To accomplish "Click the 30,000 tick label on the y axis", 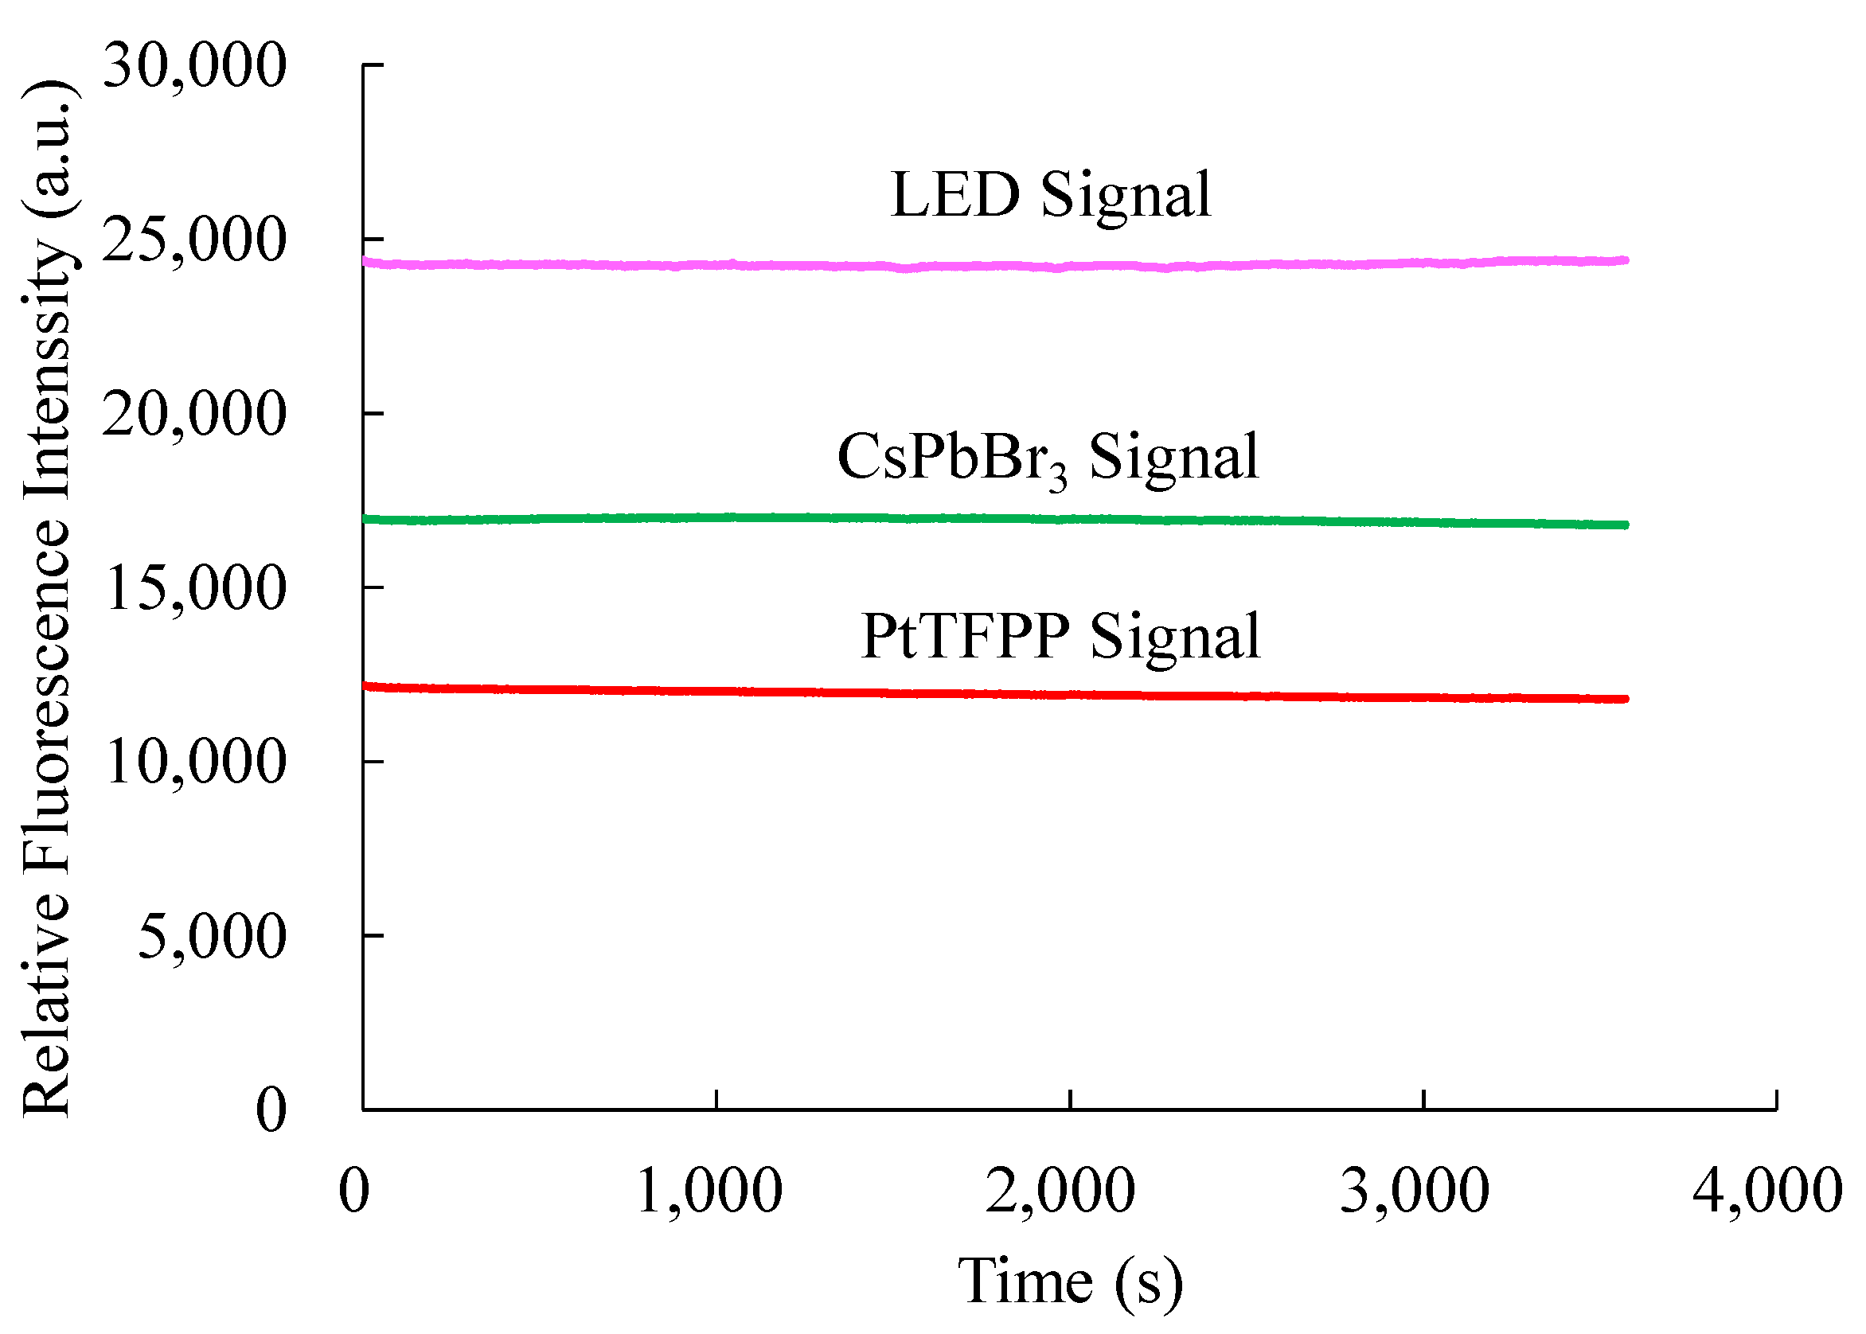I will point(195,66).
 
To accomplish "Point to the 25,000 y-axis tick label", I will point(195,240).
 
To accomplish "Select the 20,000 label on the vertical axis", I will point(195,414).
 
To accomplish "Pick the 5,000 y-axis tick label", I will point(212,937).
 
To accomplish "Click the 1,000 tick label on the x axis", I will point(709,1191).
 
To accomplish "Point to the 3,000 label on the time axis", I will point(1415,1191).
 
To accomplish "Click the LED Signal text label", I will point(1051,196).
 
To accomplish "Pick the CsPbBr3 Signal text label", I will point(1048,458).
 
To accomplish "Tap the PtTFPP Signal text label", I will point(1060,637).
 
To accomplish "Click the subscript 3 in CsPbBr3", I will point(1058,478).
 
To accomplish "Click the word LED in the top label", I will point(955,196).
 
